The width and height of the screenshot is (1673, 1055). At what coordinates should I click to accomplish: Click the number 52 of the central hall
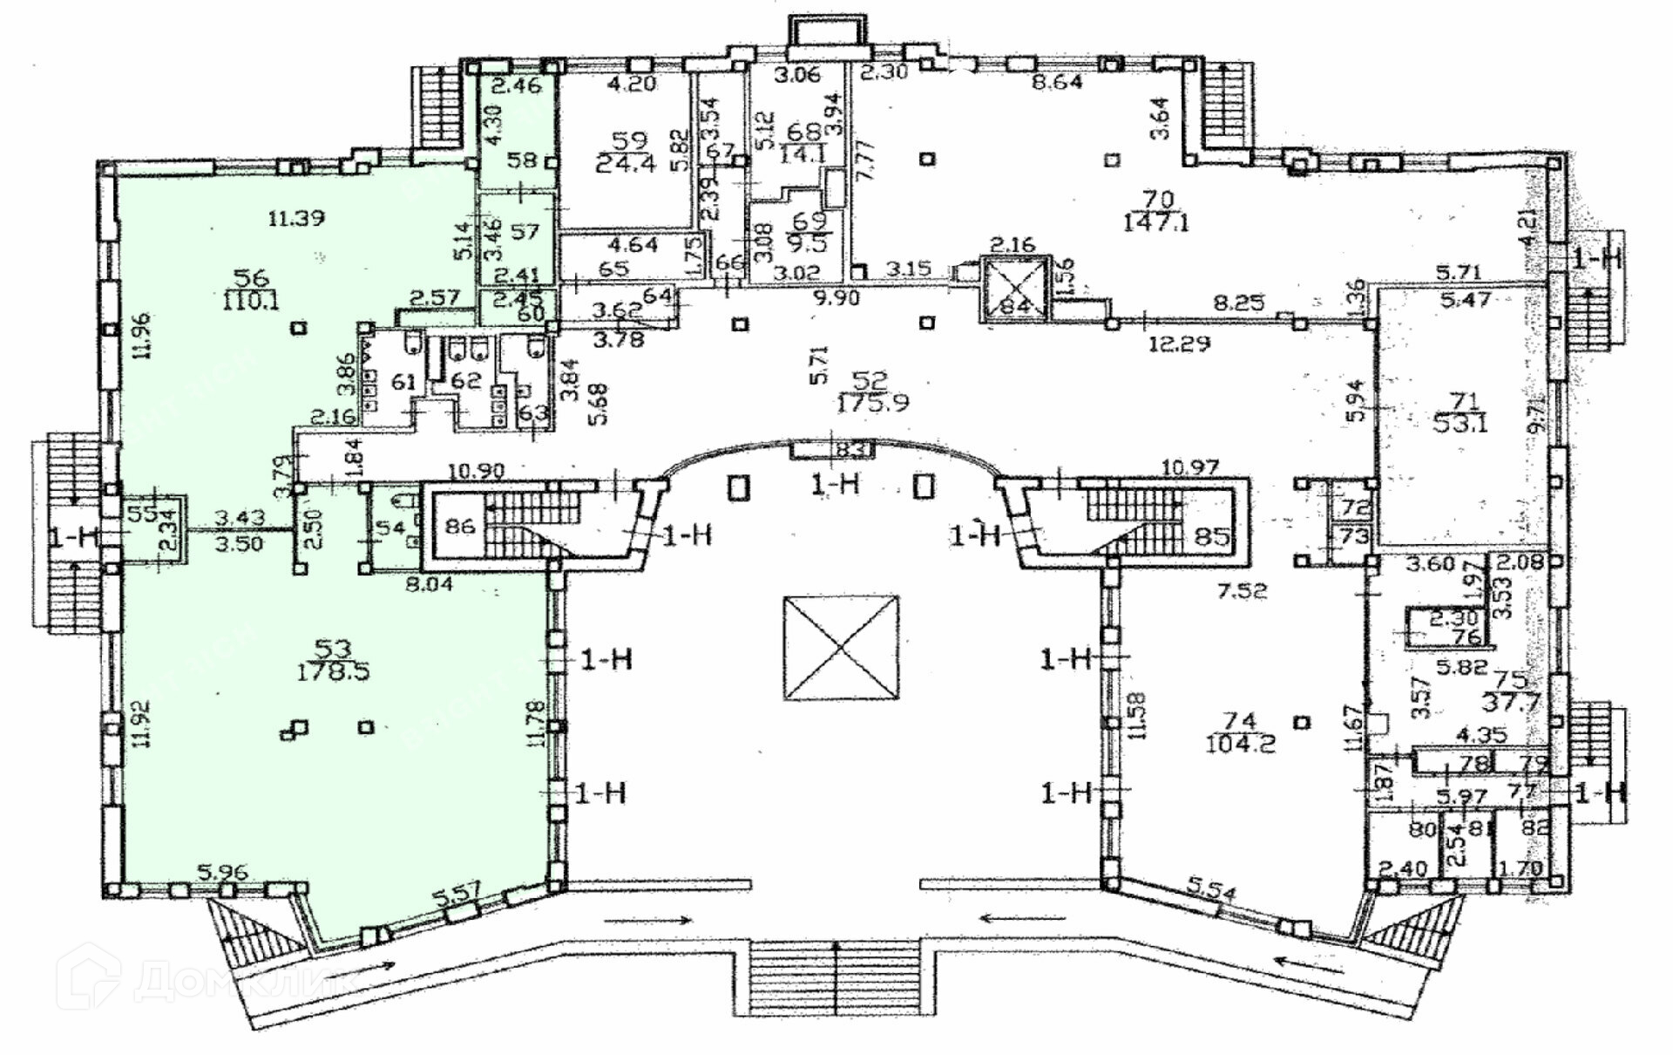[870, 381]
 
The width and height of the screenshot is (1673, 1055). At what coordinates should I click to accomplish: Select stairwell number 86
[460, 527]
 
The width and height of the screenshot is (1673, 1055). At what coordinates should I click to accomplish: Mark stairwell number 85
[1212, 535]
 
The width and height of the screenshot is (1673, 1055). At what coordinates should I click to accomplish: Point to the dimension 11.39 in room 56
[296, 218]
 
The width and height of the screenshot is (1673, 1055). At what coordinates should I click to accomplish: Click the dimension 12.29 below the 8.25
[1180, 344]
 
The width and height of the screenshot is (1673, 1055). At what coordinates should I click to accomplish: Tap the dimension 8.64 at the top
[1056, 84]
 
